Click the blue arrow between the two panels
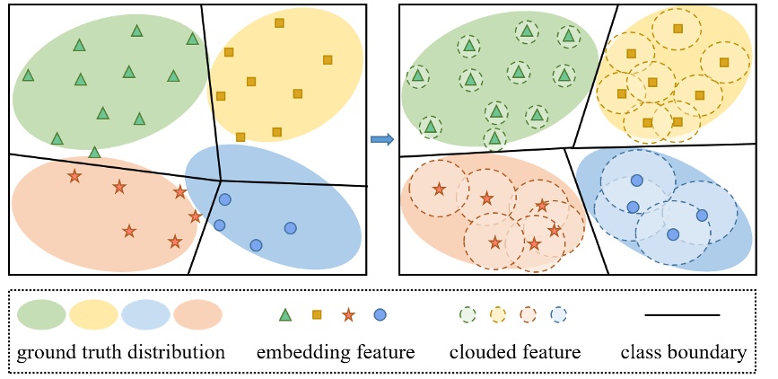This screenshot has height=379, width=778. pos(381,138)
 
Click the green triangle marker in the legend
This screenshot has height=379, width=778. pos(285,314)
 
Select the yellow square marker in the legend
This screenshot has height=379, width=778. pos(317,314)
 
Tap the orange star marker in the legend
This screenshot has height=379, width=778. pos(348,314)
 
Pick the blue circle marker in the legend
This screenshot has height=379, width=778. pos(380,314)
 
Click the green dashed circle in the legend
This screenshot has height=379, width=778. pos(467,314)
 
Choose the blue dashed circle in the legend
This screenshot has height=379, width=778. pos(558,314)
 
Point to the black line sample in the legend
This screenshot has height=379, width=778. pos(682,314)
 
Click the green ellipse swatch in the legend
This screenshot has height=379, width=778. pos(41,314)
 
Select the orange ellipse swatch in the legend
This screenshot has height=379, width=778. pos(197,314)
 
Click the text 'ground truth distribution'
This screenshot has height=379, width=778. pos(120,352)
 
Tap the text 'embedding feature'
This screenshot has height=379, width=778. pos(336,352)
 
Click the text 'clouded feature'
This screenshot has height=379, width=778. pos(514,352)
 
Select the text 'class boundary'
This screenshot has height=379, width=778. pos(683,352)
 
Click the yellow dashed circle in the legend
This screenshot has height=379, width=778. pos(497,314)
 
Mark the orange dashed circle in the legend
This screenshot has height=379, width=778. pos(528,314)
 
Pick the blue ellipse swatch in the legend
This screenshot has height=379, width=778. pos(145,314)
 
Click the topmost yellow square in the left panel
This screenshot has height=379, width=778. pos(279,22)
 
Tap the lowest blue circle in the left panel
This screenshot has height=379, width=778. pos(256,245)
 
